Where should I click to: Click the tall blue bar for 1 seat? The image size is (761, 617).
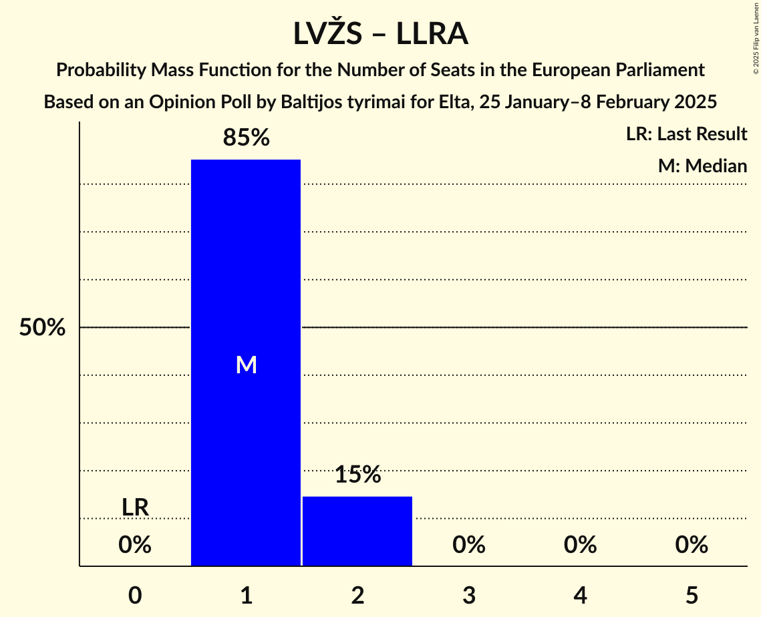pos(246,267)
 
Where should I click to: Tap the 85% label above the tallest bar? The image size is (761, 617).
pos(246,138)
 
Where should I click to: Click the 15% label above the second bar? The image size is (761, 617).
pos(357,475)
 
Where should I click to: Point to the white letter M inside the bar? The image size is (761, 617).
pos(246,365)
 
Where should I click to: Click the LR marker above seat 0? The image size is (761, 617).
pos(135,507)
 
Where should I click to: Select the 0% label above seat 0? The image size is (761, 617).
pos(135,546)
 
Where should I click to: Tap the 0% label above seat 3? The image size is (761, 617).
pos(468,546)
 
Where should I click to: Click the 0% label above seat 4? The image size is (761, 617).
pos(580,546)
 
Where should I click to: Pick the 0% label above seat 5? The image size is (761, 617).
pos(691,546)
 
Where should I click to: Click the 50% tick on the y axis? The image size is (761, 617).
pos(42,328)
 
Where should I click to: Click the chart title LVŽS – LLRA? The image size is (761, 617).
pos(380,34)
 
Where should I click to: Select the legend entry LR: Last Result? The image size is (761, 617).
pos(686,134)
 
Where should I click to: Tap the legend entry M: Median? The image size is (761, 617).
pos(702,166)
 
